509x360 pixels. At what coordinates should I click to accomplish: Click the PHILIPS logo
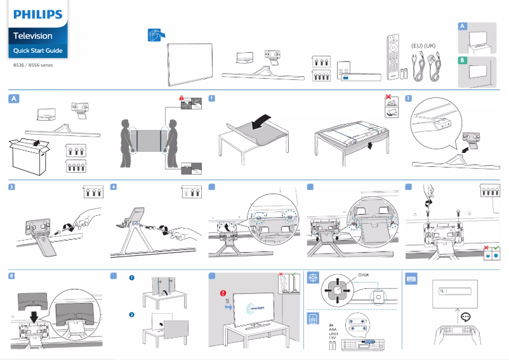38,13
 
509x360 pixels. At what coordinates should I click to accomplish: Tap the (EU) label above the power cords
417,46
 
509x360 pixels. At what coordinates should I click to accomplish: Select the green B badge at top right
463,60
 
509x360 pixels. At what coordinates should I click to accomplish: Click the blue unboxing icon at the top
155,36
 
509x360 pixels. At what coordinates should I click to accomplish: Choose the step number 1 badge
211,98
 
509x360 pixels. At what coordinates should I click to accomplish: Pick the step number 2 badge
408,98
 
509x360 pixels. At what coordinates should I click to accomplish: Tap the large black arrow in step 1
263,122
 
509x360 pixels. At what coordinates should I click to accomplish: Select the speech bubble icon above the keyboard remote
466,316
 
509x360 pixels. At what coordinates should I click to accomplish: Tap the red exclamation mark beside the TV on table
224,293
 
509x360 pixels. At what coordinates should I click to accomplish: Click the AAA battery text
333,330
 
